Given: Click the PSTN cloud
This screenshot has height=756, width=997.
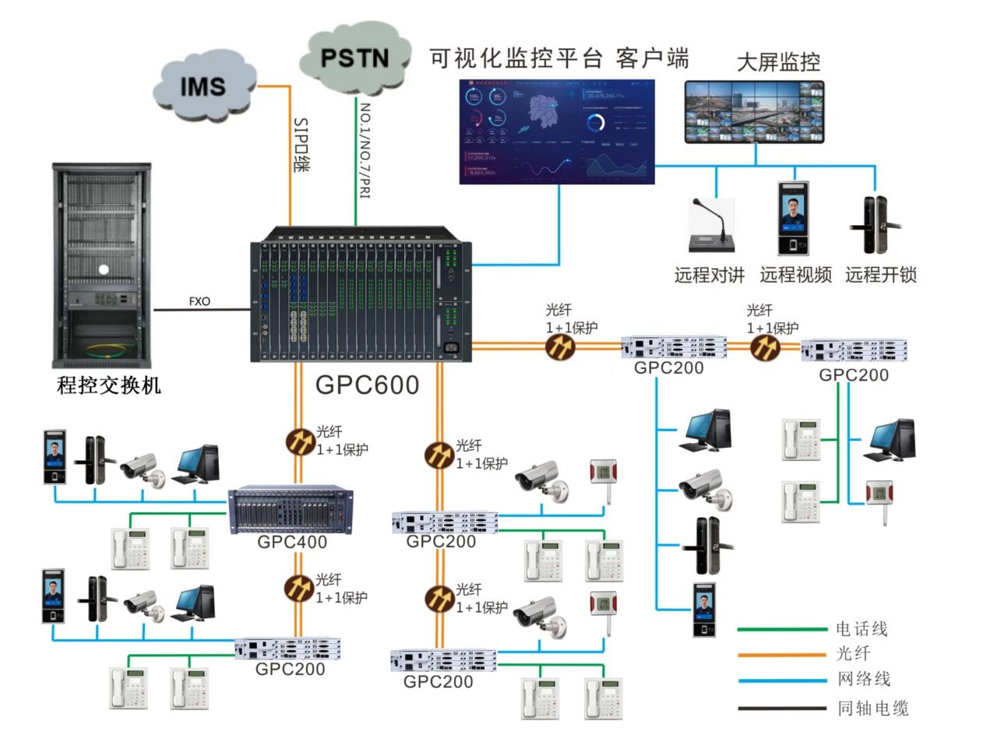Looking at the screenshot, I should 354,58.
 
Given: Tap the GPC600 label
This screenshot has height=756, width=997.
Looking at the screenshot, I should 367,385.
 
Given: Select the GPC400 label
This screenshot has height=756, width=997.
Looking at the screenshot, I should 292,542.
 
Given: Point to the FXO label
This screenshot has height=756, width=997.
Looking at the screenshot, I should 199,301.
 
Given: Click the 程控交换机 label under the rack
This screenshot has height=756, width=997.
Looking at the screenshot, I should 109,385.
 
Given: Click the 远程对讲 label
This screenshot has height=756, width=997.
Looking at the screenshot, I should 709,275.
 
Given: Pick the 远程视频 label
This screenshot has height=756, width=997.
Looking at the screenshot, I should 795,275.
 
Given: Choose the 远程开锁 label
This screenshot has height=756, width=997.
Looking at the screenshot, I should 881,275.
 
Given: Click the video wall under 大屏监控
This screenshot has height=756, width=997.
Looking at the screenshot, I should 754,113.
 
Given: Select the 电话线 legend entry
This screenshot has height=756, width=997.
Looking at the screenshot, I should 861,628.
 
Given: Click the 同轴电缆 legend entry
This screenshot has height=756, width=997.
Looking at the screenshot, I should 872,708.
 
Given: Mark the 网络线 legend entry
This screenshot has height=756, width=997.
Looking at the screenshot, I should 864,680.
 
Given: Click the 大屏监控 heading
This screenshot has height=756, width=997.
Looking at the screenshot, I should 778,62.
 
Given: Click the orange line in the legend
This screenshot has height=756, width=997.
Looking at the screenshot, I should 782,655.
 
